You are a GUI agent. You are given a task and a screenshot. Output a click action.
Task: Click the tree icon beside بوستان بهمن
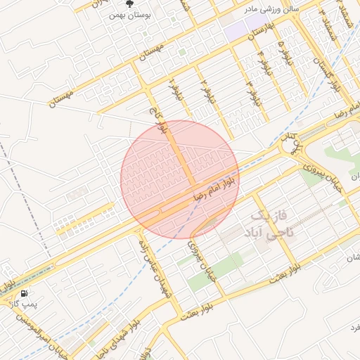pyautogui.click(x=129, y=5)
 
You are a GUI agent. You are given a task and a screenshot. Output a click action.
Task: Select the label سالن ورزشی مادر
pyautogui.click(x=271, y=9)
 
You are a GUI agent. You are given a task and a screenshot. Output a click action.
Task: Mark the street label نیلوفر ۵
pyautogui.click(x=284, y=53)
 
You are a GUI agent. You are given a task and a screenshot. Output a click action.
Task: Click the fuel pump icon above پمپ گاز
pyautogui.click(x=25, y=293)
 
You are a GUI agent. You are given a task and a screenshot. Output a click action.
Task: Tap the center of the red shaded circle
pyautogui.click(x=179, y=179)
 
